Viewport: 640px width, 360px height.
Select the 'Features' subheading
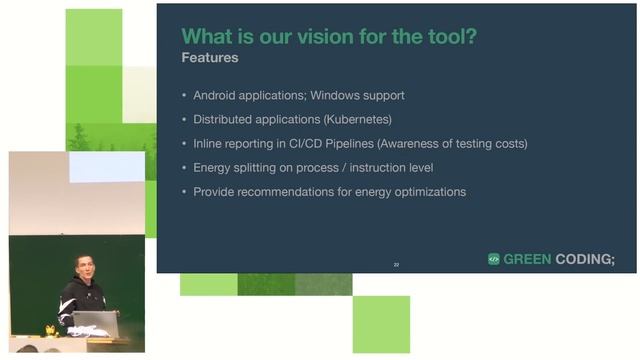pyautogui.click(x=209, y=58)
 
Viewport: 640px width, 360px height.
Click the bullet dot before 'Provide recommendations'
pyautogui.click(x=183, y=192)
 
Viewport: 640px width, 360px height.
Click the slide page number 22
pyautogui.click(x=396, y=264)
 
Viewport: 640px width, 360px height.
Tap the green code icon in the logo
pyautogui.click(x=493, y=258)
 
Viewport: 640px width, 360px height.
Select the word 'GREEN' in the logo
pyautogui.click(x=527, y=258)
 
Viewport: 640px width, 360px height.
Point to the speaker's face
pyautogui.click(x=82, y=268)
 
